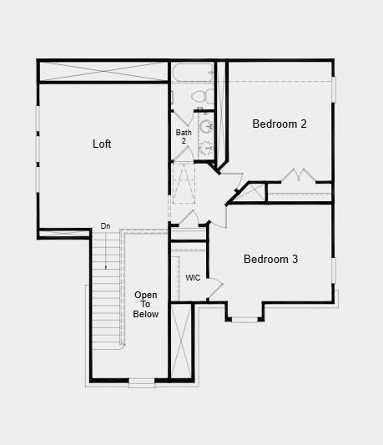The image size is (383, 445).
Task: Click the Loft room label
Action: pyautogui.click(x=102, y=144)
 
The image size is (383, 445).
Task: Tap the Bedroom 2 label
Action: pyautogui.click(x=280, y=124)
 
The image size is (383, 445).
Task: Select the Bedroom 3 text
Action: pyautogui.click(x=270, y=259)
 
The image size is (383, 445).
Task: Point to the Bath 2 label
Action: pyautogui.click(x=184, y=136)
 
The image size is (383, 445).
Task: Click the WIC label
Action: pyautogui.click(x=193, y=277)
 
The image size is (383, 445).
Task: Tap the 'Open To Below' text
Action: pyautogui.click(x=145, y=304)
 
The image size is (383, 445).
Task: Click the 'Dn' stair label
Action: pyautogui.click(x=105, y=226)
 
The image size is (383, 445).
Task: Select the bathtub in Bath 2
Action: pyautogui.click(x=193, y=73)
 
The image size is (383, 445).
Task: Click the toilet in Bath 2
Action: pyautogui.click(x=203, y=96)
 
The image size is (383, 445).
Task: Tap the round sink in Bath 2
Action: pyautogui.click(x=205, y=126)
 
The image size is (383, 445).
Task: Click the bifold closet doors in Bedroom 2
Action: pyautogui.click(x=299, y=174)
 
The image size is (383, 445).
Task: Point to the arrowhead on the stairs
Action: pyautogui.click(x=106, y=267)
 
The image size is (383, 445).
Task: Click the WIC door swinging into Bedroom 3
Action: pyautogui.click(x=214, y=288)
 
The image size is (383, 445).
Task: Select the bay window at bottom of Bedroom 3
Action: pyautogui.click(x=244, y=320)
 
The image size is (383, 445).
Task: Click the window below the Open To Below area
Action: pyautogui.click(x=142, y=382)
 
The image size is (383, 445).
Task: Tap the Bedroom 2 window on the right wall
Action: pyautogui.click(x=334, y=89)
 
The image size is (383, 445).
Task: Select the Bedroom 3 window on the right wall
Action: pyautogui.click(x=334, y=271)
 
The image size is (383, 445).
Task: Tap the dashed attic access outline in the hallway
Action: pyautogui.click(x=184, y=184)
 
